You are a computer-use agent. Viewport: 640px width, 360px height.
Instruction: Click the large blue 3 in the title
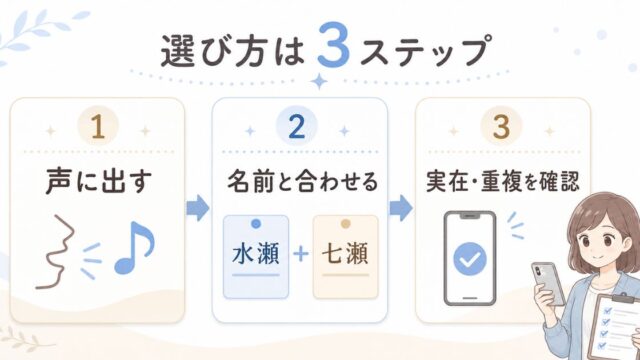[x=333, y=45]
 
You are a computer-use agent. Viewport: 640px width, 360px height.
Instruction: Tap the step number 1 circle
[x=98, y=126]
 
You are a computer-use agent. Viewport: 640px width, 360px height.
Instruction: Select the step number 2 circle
[x=297, y=126]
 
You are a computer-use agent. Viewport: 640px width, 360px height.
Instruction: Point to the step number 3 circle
[x=501, y=126]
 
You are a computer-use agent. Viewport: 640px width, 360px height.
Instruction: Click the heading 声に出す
[x=99, y=181]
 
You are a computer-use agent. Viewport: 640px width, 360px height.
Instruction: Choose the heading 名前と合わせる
[x=302, y=181]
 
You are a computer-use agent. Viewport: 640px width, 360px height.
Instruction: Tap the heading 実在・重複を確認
[x=503, y=181]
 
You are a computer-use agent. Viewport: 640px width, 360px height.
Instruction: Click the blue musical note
[x=134, y=247]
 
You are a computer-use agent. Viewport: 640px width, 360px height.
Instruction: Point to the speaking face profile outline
[x=57, y=252]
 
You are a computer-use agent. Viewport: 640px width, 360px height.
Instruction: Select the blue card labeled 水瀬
[x=256, y=257]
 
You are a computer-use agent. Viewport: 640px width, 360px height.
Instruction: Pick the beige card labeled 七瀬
[x=346, y=257]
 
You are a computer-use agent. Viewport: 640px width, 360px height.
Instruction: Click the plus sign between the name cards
[x=301, y=254]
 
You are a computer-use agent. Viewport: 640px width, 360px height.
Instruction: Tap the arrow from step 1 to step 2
[x=198, y=208]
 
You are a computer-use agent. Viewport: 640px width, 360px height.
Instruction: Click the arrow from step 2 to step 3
[x=401, y=208]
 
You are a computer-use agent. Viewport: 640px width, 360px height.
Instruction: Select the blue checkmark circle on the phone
[x=470, y=259]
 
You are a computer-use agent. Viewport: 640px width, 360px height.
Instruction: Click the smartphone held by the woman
[x=549, y=284]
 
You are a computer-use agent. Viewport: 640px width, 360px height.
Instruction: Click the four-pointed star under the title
[x=319, y=81]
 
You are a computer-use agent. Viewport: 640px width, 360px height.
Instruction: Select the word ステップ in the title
[x=424, y=51]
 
